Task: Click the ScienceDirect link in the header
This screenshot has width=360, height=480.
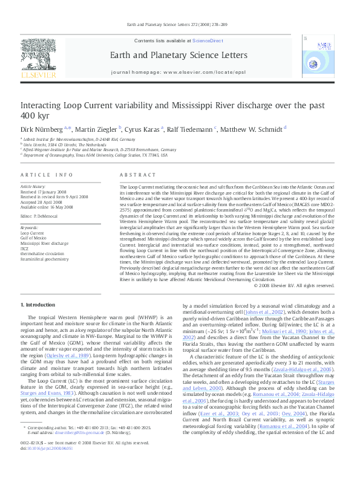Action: [208, 41]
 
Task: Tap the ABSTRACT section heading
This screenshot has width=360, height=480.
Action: [133, 175]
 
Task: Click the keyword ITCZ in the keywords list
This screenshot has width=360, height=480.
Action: [25, 248]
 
